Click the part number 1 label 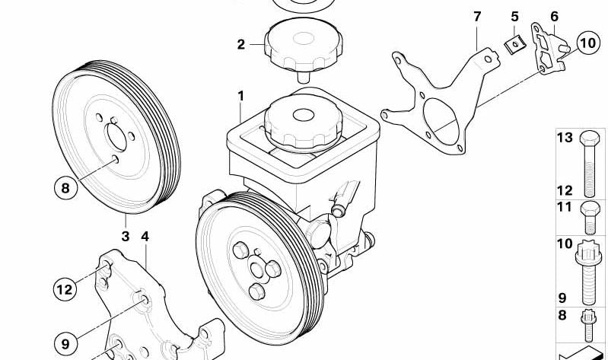pos(240,97)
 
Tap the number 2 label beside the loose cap pos(241,45)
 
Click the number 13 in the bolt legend pos(564,138)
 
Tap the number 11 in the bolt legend pos(564,206)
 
